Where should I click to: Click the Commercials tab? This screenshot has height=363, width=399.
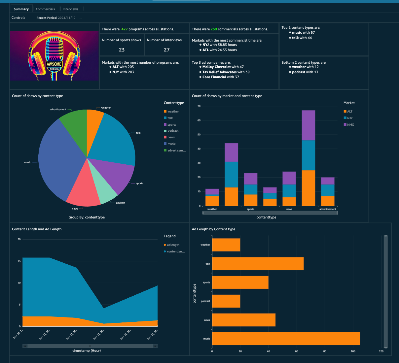click(45, 9)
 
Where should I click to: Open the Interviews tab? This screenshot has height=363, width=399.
click(70, 9)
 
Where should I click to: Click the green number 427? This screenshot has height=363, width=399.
click(125, 29)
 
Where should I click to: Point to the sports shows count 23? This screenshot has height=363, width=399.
click(122, 50)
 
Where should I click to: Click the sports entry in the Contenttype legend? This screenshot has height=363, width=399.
click(172, 125)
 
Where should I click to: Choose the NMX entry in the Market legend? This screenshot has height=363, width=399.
click(350, 125)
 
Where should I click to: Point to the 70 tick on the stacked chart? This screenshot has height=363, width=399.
click(199, 106)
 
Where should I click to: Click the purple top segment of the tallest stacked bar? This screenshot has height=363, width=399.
click(308, 125)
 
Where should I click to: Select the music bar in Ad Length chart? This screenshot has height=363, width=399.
click(286, 339)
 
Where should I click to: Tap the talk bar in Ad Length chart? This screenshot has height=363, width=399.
click(258, 264)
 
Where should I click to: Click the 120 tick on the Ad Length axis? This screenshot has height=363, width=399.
click(381, 351)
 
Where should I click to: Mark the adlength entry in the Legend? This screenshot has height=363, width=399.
click(173, 245)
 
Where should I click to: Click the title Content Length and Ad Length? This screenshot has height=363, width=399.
click(37, 229)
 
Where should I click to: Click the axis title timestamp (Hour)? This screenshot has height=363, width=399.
click(87, 350)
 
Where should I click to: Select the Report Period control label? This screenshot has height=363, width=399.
click(47, 18)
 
